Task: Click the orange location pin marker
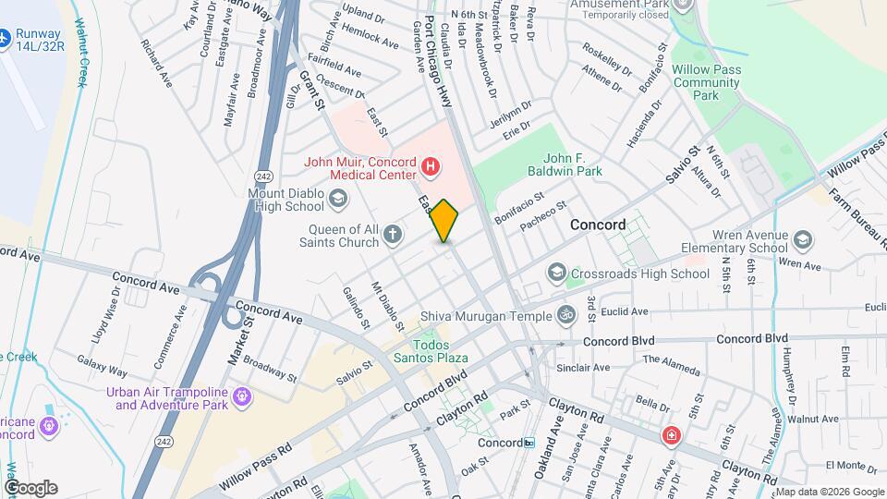[444, 221]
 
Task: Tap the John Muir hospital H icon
[430, 167]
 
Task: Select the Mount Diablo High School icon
[338, 198]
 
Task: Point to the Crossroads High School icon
[556, 273]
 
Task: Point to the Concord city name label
[598, 225]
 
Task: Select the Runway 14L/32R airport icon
[5, 39]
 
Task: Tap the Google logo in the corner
[30, 487]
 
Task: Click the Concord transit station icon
[529, 443]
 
